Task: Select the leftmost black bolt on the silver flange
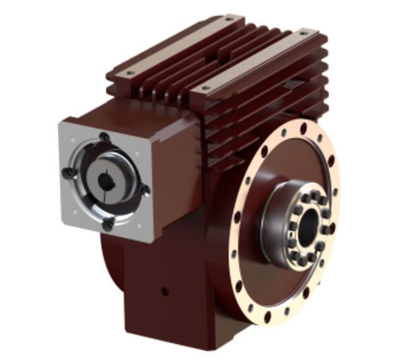[68, 173]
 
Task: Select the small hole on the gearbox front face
[164, 292]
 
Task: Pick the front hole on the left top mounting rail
[129, 72]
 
